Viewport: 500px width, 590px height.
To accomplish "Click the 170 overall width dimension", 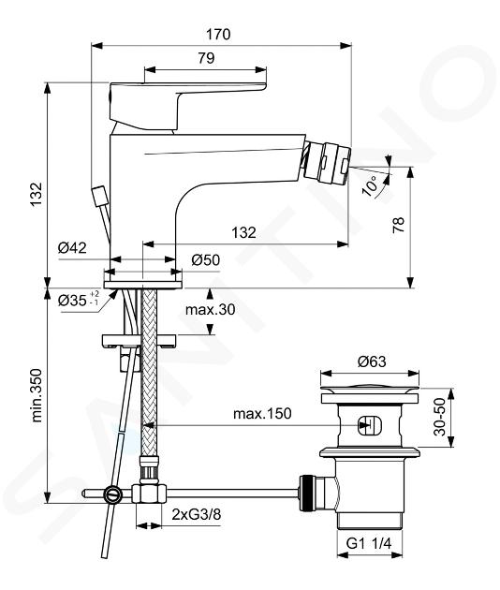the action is [x=218, y=35].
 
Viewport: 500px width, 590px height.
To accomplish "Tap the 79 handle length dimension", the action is [x=206, y=58].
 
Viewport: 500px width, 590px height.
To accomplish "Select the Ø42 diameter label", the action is [x=72, y=248].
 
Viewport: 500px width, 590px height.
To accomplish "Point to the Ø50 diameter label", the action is [x=205, y=260].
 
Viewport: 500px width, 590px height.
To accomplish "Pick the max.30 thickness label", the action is [x=210, y=310].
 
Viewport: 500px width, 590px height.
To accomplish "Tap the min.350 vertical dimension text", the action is [x=37, y=395].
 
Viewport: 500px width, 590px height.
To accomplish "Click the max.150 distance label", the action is [x=262, y=414].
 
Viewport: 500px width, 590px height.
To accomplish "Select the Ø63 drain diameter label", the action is [x=372, y=362].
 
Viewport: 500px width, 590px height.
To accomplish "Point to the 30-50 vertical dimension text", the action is [x=439, y=417].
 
